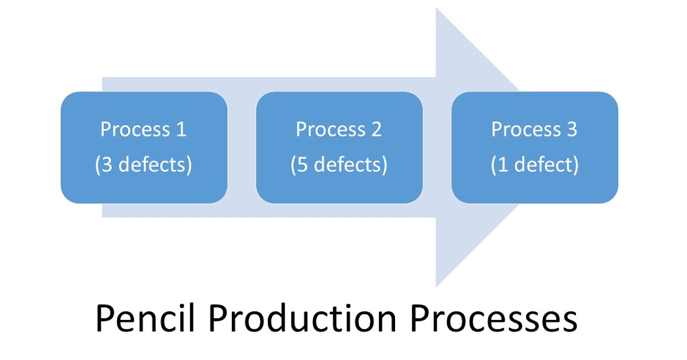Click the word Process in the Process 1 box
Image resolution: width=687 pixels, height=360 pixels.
point(135,130)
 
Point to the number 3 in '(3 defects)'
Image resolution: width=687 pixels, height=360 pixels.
point(106,165)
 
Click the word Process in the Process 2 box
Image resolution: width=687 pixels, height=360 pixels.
point(330,130)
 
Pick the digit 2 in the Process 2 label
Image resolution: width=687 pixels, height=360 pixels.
point(376,130)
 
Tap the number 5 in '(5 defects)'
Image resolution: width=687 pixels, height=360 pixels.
point(302,165)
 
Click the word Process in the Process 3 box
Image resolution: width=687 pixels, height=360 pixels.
point(526,130)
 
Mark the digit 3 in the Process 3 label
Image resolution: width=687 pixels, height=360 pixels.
point(571,130)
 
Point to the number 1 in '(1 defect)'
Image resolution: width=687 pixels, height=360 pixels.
point(502,165)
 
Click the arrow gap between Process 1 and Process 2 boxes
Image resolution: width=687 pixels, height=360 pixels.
point(242,147)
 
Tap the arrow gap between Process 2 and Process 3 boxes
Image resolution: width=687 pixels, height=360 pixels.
point(437,147)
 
